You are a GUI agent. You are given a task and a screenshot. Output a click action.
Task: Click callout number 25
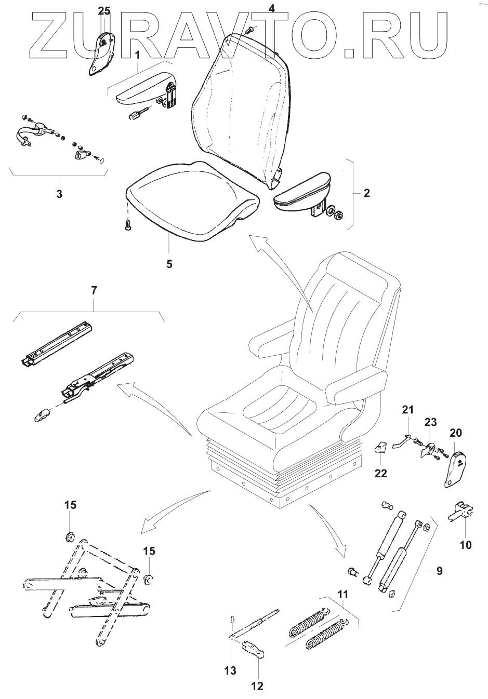(104, 11)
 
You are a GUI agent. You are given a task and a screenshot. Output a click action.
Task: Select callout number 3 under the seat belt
(59, 195)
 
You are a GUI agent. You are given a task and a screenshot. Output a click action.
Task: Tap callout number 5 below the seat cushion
(169, 264)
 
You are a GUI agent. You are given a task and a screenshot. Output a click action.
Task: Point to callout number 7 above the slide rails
(94, 291)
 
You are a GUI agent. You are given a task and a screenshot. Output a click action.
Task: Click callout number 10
(466, 545)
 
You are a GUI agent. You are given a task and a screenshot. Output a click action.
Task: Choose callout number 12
(257, 686)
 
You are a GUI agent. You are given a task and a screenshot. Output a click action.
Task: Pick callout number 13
(231, 670)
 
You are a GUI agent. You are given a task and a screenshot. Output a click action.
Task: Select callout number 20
(455, 433)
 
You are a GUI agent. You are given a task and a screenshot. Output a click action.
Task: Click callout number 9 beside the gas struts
(439, 571)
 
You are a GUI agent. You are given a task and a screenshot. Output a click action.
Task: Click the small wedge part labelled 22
(381, 446)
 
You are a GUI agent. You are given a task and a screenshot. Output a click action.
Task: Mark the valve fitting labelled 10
(460, 510)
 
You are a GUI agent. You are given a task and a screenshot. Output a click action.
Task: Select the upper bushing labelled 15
(70, 535)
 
